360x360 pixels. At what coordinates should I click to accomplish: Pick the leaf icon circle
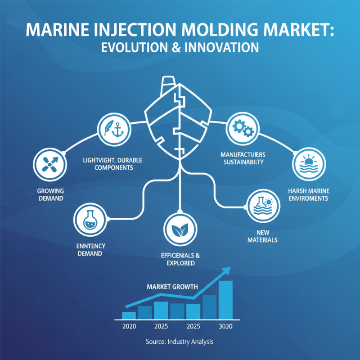tap(180, 229)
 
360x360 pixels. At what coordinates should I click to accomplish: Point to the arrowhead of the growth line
tap(226, 270)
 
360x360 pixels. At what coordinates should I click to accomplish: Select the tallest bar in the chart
tap(225, 299)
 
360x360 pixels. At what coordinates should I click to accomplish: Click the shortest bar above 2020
tap(129, 315)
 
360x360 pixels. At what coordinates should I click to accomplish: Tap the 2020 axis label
tap(129, 326)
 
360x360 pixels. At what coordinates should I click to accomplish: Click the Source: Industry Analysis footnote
tap(180, 342)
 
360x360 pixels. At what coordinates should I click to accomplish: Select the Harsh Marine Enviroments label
tap(308, 194)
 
